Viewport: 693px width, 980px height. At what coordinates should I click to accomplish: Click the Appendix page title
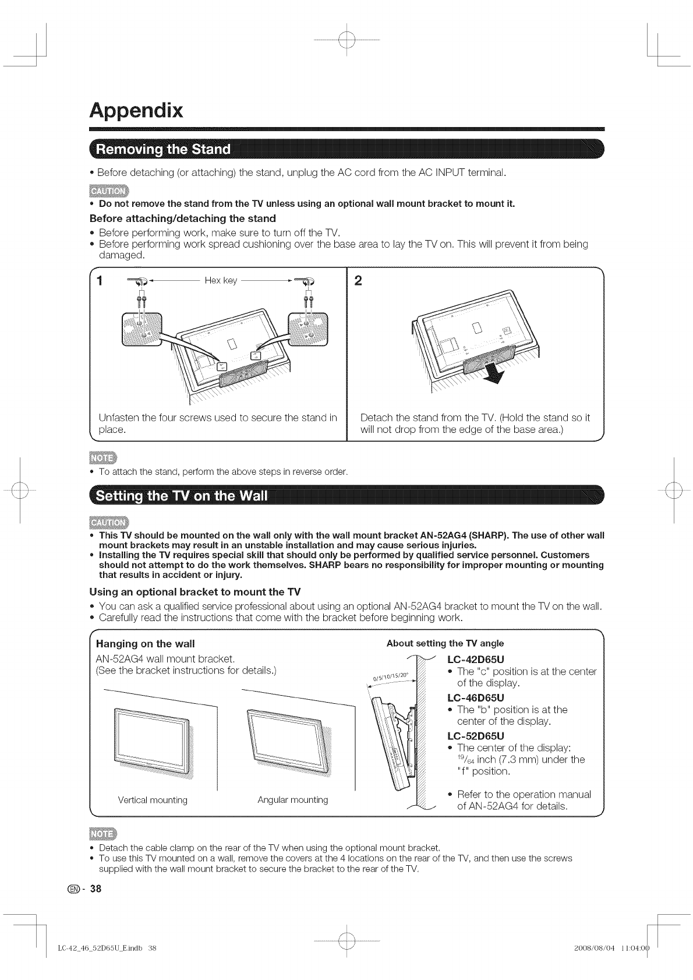click(x=136, y=111)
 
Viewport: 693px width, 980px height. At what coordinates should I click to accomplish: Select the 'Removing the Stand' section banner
click(x=163, y=150)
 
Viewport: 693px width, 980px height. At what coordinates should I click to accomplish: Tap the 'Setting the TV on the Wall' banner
click(x=181, y=496)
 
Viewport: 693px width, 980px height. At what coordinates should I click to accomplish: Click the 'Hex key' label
click(x=221, y=281)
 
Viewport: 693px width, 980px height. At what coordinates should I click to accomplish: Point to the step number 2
click(x=358, y=281)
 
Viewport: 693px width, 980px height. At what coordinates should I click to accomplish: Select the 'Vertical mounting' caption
click(x=153, y=800)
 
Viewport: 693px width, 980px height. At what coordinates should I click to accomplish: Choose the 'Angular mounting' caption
click(x=292, y=800)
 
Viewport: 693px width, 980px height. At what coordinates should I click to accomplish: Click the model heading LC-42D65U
click(x=475, y=660)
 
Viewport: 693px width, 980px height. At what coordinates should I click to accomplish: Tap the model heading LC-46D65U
click(x=475, y=697)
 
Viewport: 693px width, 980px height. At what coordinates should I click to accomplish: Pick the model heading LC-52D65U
click(x=475, y=736)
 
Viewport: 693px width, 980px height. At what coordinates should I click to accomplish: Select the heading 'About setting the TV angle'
click(x=445, y=643)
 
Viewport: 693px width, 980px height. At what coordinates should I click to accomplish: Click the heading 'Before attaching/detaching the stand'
click(x=182, y=218)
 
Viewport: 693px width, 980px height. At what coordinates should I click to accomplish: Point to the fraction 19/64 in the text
click(x=466, y=760)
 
